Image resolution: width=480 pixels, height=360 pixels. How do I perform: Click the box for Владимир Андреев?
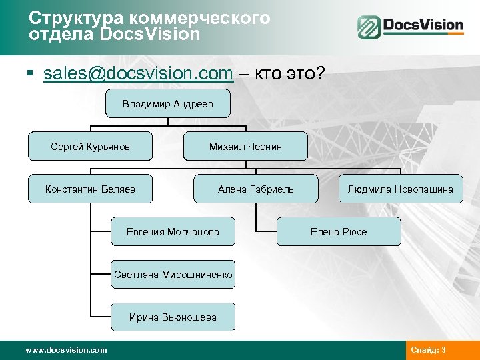(168, 104)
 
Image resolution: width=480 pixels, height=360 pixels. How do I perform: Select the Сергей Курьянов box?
(91, 146)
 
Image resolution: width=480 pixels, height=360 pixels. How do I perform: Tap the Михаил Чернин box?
(245, 146)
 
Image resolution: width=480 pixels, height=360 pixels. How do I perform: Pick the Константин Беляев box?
(90, 189)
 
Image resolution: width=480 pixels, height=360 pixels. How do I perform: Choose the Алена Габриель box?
(255, 189)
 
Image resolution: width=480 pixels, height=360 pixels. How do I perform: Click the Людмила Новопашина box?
(400, 189)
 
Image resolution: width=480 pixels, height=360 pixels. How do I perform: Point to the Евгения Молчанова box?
(173, 231)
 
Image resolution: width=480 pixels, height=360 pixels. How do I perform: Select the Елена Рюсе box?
(339, 231)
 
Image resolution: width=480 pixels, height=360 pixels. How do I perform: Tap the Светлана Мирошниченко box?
(173, 274)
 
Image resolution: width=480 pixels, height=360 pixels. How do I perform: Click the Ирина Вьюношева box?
(173, 317)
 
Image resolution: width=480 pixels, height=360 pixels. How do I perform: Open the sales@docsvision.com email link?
(137, 73)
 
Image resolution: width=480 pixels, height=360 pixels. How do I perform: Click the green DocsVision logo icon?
(368, 27)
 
